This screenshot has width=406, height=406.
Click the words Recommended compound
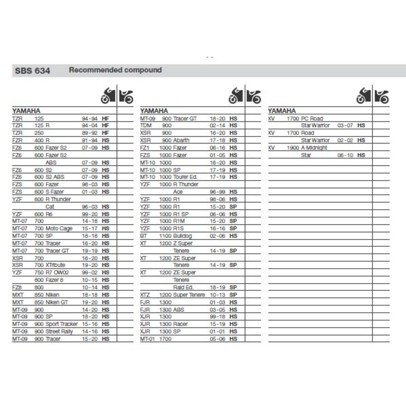[115, 70]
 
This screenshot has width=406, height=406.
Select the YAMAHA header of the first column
[26, 110]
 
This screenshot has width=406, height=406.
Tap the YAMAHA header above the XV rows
[282, 110]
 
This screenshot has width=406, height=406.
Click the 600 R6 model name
[45, 215]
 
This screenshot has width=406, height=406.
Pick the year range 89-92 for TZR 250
[89, 132]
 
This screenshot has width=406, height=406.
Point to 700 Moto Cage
[54, 229]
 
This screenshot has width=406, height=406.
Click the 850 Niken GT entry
[52, 301]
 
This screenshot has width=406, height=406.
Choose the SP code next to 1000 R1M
[233, 221]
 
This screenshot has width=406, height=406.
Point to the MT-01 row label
[147, 339]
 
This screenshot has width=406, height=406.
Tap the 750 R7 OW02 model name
[51, 273]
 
